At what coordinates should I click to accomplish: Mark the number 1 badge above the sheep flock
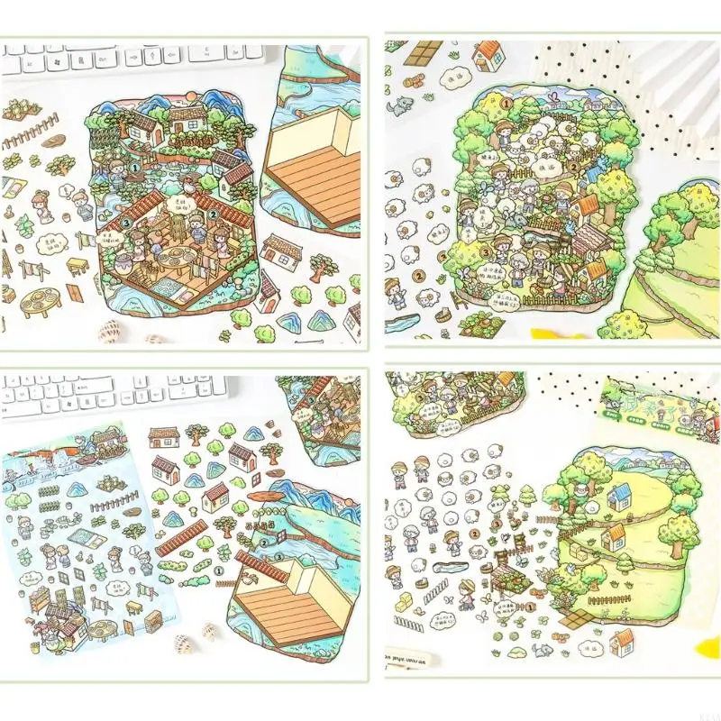[481, 104]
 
